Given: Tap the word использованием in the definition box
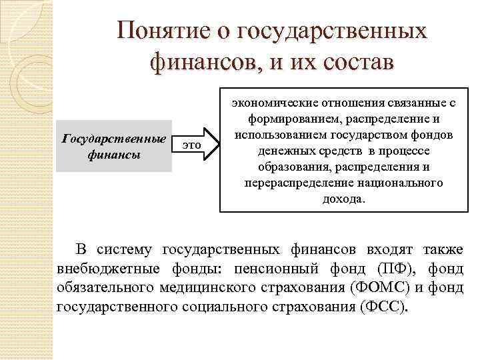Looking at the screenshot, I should tap(271, 135).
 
